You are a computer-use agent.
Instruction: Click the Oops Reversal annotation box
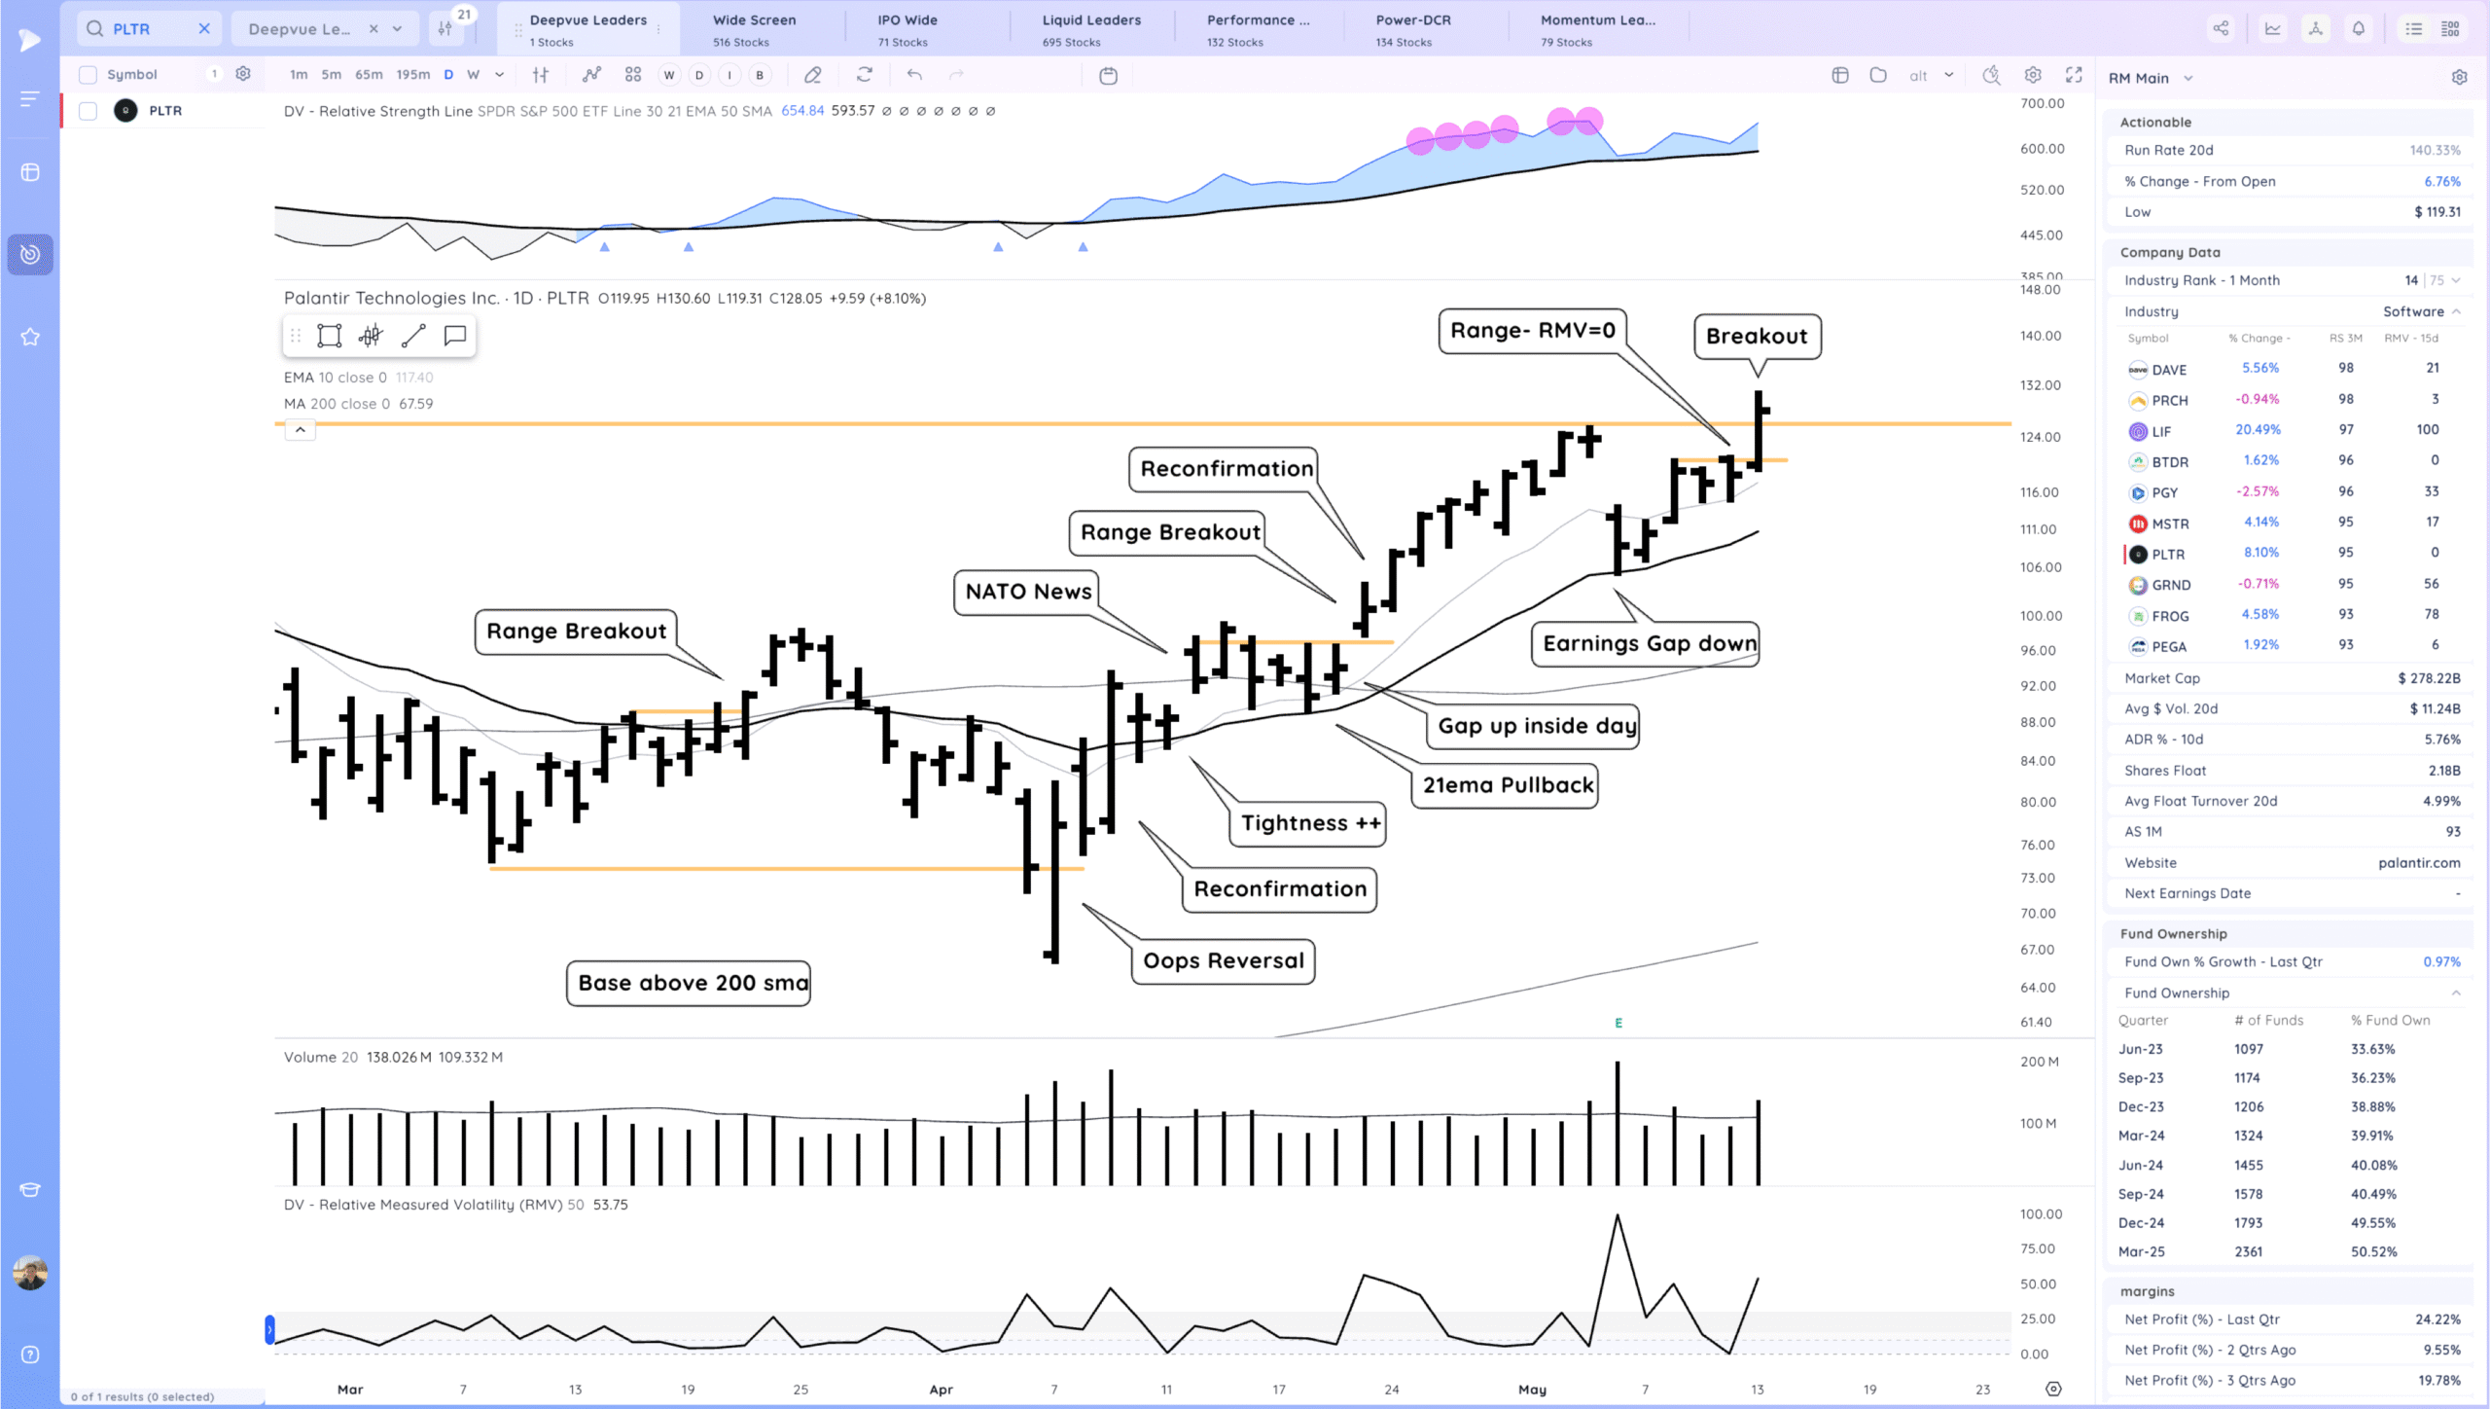tap(1223, 960)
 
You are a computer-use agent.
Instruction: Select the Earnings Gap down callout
tap(1649, 643)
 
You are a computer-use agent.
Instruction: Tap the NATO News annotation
tap(1028, 591)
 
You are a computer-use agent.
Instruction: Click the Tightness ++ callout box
tap(1309, 823)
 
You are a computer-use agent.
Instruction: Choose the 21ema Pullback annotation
tap(1508, 785)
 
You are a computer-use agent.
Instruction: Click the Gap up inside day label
tap(1536, 726)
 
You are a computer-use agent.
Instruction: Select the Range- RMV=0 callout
tap(1532, 331)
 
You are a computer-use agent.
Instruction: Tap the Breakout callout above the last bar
tap(1756, 336)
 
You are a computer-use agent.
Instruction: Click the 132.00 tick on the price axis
tap(2040, 385)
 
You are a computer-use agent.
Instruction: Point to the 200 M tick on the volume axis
tap(2039, 1062)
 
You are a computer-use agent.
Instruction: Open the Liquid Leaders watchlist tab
tap(1090, 29)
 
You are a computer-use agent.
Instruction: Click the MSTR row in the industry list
tap(2170, 524)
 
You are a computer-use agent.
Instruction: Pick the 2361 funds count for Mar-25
tap(2248, 1251)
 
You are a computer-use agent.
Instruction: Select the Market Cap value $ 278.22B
tap(2429, 678)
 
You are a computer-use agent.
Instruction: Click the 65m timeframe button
tap(369, 75)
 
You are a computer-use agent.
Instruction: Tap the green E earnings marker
tap(1618, 1023)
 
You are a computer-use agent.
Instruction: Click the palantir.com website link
tap(2419, 863)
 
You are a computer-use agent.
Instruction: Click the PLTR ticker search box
tap(146, 29)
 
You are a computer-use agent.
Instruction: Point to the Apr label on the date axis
tap(941, 1390)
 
